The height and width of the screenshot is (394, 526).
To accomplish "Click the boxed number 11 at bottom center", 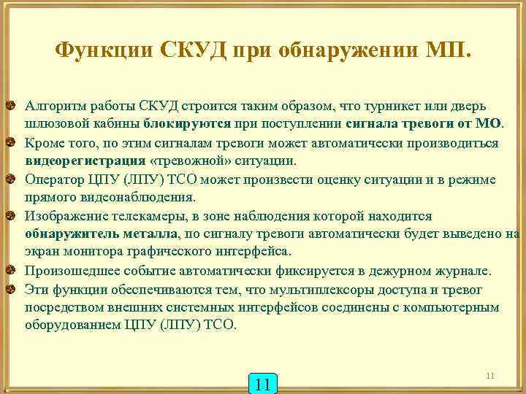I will [x=264, y=384].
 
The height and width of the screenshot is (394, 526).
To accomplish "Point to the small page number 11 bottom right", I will [x=490, y=376].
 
